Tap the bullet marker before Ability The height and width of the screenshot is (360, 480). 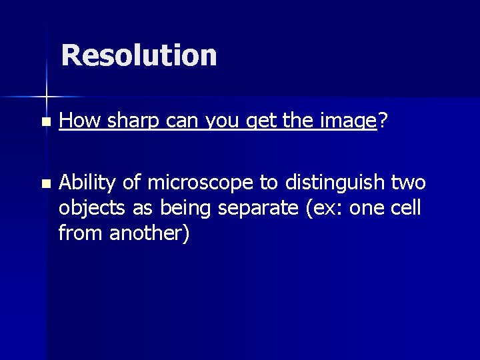coord(45,183)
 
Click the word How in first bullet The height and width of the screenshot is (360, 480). coord(79,121)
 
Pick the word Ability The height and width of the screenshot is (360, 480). coord(87,182)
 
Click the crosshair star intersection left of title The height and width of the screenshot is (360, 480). coord(47,97)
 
